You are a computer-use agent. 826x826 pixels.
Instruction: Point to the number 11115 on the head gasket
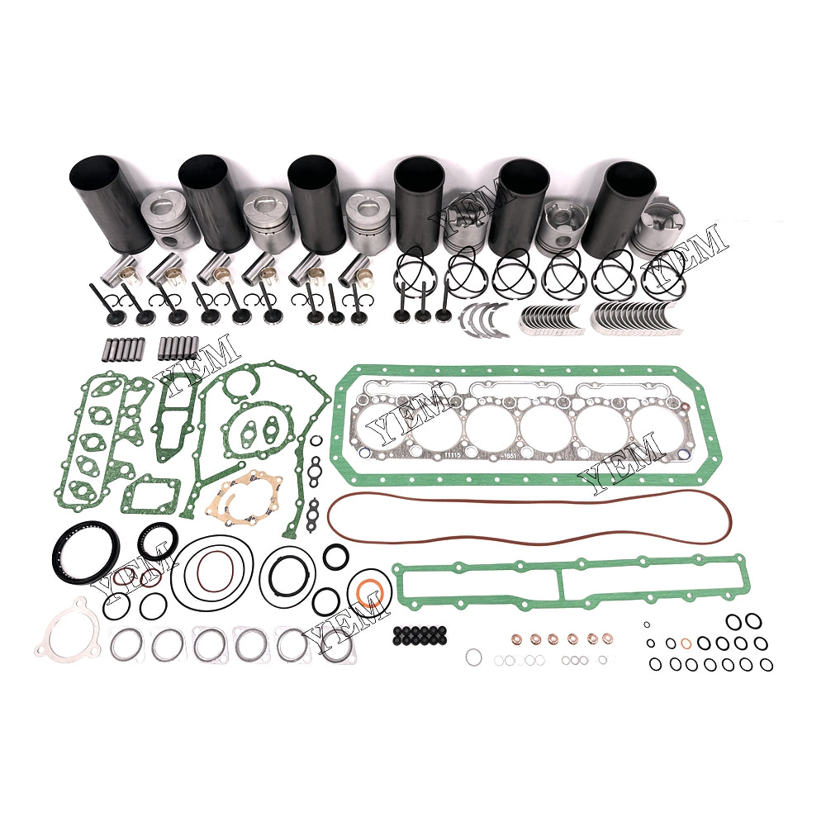click(452, 453)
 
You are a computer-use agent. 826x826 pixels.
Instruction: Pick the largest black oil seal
click(85, 550)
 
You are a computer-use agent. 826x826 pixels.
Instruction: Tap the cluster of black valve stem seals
click(420, 635)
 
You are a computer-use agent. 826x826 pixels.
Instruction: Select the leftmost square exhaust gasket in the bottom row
click(126, 645)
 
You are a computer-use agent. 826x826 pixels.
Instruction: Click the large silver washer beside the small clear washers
click(472, 657)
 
